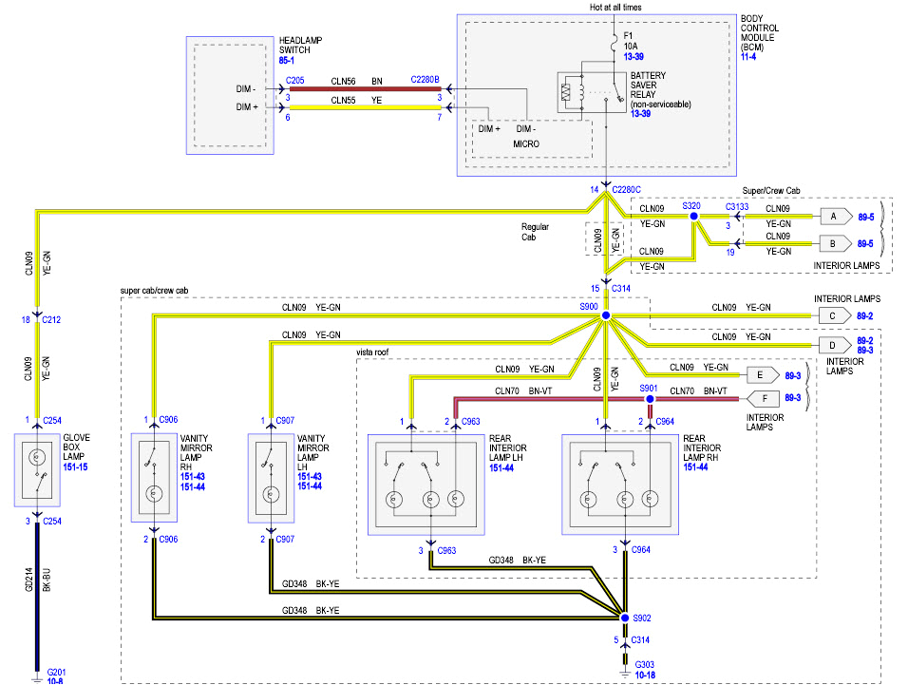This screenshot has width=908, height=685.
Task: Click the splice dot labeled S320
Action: pos(693,217)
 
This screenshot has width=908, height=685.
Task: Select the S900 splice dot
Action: pos(605,316)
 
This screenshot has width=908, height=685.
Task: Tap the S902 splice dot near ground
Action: pos(625,618)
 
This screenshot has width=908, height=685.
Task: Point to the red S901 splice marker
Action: pos(651,400)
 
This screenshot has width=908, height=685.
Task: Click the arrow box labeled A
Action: pos(834,217)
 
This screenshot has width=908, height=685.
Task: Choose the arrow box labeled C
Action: pos(832,316)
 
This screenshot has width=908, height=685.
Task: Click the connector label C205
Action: pos(295,81)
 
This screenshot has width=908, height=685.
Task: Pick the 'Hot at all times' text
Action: pos(615,7)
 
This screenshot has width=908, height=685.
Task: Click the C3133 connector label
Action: pos(737,205)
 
